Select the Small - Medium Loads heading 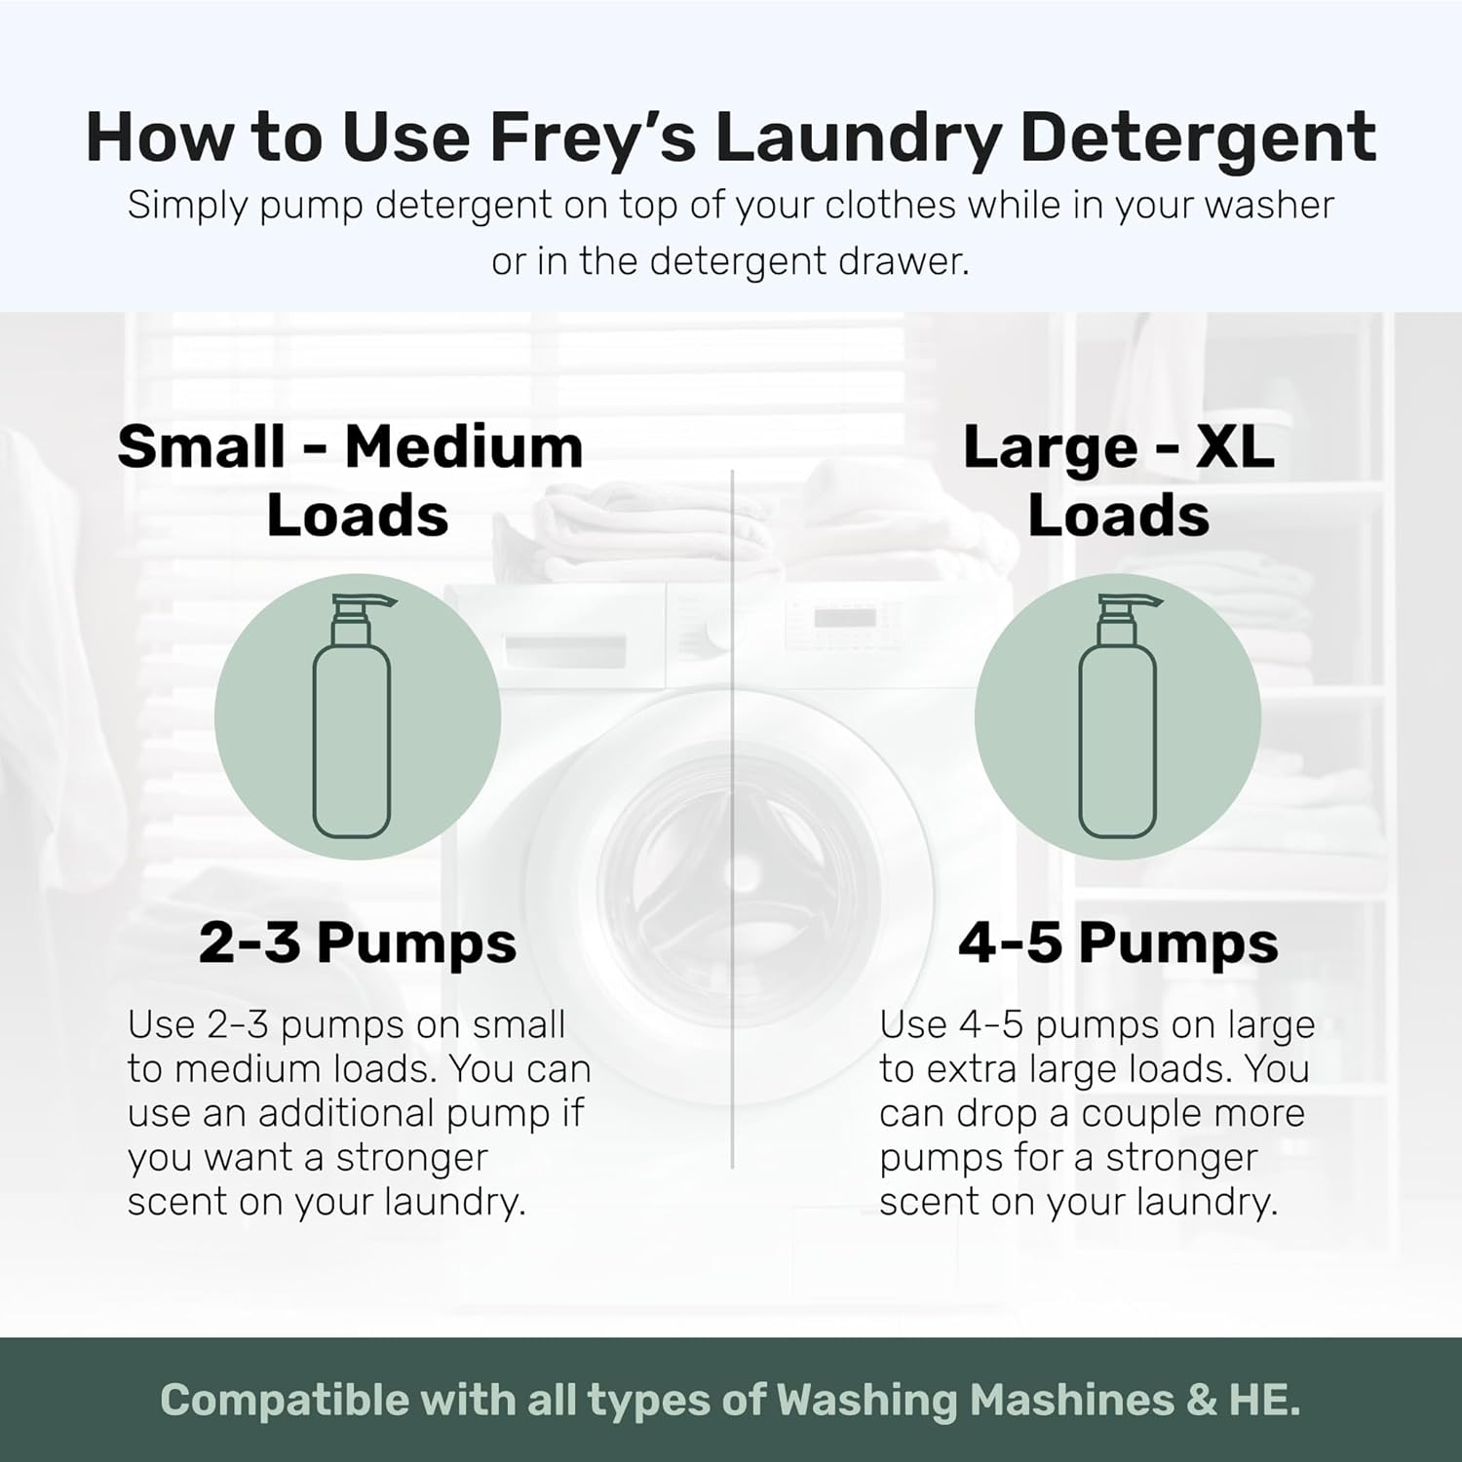coord(352,481)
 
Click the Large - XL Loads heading coord(1118,481)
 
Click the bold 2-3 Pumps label coord(357,943)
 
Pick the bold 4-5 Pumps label coord(1118,943)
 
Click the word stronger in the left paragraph coord(411,1158)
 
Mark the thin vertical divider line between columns coord(732,819)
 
